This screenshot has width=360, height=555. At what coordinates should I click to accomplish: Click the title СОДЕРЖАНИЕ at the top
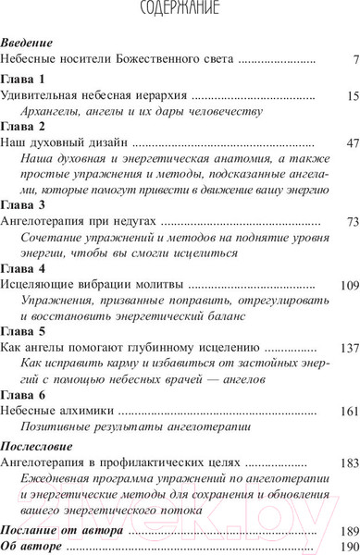click(180, 11)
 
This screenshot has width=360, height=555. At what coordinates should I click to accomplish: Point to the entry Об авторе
click(32, 547)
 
